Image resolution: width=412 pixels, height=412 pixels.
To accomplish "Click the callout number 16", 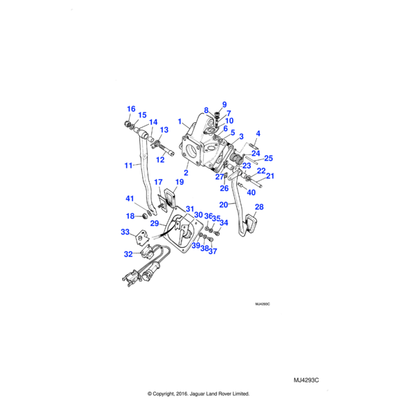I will pyautogui.click(x=131, y=109).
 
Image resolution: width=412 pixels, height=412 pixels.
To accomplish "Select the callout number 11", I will pyautogui.click(x=128, y=165).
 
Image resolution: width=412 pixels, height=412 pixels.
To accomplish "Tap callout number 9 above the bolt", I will pyautogui.click(x=224, y=104).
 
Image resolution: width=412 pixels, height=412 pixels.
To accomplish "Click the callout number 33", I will pyautogui.click(x=126, y=233).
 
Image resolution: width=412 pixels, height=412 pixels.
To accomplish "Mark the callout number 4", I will pyautogui.click(x=258, y=133).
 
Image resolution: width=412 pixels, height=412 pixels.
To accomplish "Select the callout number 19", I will pyautogui.click(x=179, y=182).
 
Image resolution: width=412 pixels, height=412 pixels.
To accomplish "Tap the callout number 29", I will pyautogui.click(x=155, y=224).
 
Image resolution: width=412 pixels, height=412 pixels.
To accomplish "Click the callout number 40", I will pyautogui.click(x=251, y=192).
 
